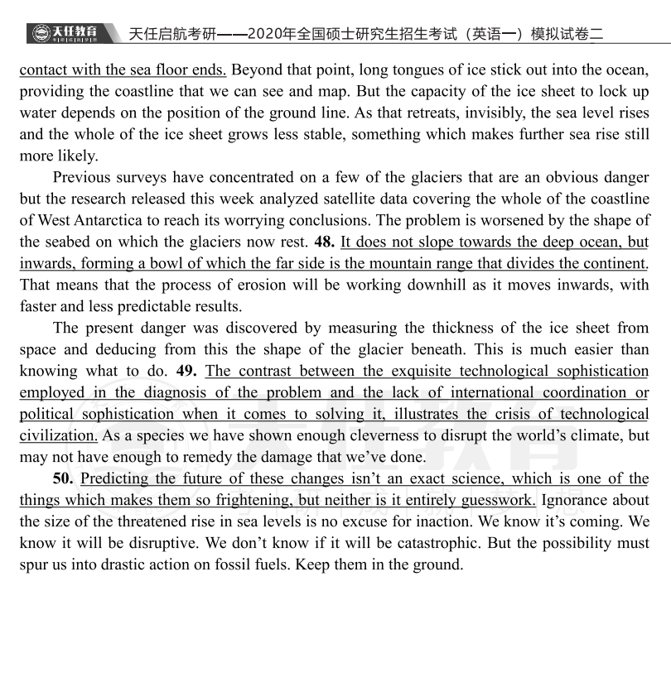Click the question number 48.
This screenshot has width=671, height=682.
click(324, 242)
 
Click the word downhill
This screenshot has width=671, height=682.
click(423, 285)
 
